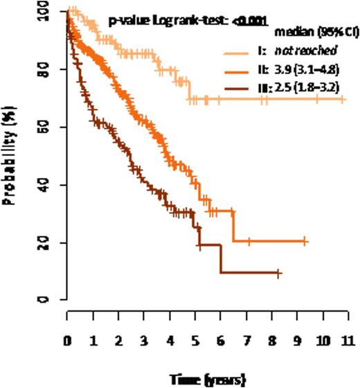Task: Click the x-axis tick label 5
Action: [195, 341]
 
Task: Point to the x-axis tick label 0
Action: [67, 341]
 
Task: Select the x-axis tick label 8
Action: [271, 341]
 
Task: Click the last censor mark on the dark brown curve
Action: [278, 273]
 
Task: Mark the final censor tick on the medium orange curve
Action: [305, 241]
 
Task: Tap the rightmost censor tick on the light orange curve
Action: [343, 100]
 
